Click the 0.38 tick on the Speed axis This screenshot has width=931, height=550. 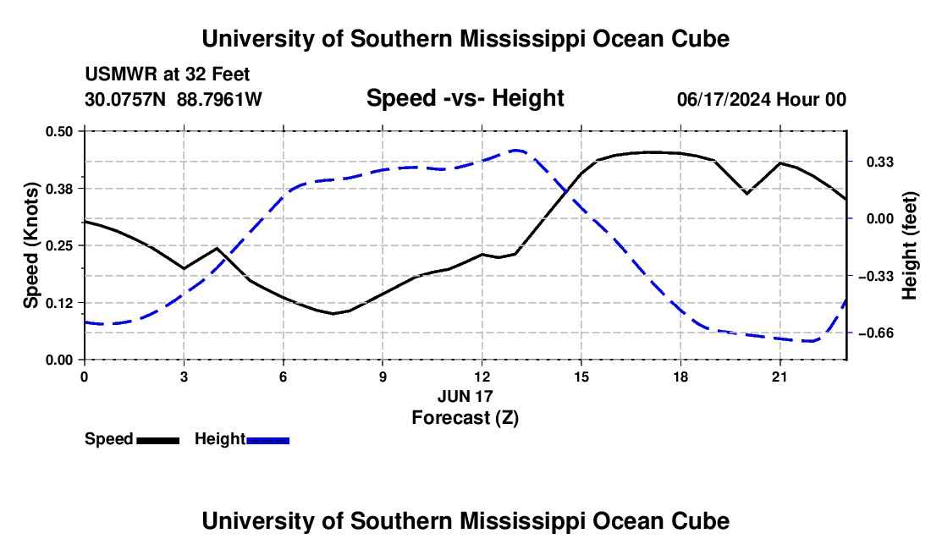point(59,189)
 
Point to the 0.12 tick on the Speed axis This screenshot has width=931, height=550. point(59,303)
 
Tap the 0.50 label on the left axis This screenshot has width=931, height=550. point(59,131)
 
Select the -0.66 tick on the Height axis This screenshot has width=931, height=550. point(876,333)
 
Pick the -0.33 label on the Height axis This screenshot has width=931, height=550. point(876,276)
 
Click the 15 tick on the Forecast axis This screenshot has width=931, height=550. point(581,377)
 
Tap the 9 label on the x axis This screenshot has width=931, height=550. point(383,377)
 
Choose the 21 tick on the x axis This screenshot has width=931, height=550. point(780,377)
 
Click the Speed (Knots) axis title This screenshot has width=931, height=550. point(30,245)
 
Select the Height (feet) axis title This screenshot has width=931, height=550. point(909,245)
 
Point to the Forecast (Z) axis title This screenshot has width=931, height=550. point(465,418)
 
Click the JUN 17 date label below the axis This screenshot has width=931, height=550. point(465,396)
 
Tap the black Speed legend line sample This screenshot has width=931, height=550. point(158,441)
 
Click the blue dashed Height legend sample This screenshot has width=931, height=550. point(267,441)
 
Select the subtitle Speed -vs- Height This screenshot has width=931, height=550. point(465,98)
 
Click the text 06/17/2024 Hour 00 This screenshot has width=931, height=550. point(762,99)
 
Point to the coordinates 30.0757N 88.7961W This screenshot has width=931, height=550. point(174,99)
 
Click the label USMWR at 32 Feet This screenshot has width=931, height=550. point(168,74)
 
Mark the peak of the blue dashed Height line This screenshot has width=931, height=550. point(515,150)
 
